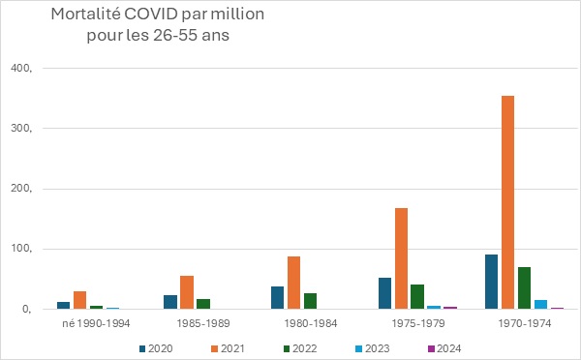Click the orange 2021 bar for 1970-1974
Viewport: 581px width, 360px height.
507,202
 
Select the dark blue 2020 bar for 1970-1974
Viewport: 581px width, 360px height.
491,282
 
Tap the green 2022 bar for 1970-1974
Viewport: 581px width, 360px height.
524,288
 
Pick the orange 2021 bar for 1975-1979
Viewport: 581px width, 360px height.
401,258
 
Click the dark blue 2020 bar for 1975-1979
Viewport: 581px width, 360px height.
385,293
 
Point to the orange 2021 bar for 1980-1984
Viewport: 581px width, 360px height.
293,283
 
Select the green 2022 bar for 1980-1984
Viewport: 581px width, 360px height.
310,301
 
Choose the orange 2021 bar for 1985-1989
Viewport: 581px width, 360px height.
187,292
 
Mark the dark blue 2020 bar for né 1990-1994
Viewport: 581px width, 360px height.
63,306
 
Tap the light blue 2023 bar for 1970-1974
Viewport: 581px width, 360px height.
540,305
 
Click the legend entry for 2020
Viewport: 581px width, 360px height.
156,348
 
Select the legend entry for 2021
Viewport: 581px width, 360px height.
228,348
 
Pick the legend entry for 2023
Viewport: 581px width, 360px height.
373,348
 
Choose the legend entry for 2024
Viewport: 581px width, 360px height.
444,348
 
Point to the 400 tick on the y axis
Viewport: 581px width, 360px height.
21,69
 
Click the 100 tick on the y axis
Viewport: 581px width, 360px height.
21,249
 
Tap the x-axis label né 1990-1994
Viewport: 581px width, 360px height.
96,323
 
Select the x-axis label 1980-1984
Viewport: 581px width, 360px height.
311,323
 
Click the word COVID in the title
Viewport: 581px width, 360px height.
151,15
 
